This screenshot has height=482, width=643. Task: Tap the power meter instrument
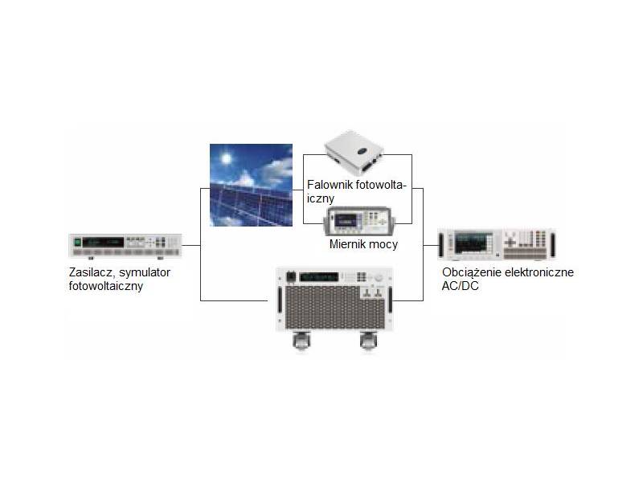coord(358,220)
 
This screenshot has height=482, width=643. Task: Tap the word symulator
coord(145,272)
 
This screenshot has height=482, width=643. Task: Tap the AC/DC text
coord(460,285)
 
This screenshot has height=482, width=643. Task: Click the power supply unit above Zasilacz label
coord(125,247)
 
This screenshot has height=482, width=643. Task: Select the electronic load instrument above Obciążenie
coord(496,243)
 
